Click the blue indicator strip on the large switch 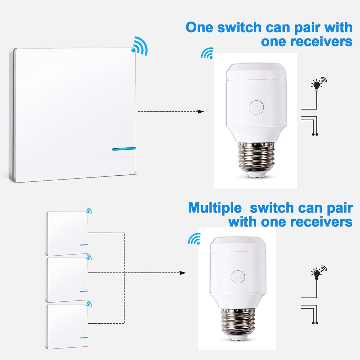125,148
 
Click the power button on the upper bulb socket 256,107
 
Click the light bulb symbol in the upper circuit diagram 317,85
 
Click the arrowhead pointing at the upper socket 201,112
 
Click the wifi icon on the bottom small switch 89,304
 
